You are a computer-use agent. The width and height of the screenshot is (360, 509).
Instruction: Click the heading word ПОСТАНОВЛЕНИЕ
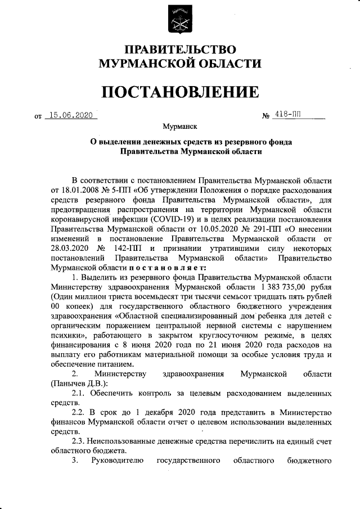pos(180,92)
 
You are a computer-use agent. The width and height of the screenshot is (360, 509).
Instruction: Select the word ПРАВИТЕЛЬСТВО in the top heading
pos(180,51)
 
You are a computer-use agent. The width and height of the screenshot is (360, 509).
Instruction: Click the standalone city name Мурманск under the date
pos(180,128)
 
